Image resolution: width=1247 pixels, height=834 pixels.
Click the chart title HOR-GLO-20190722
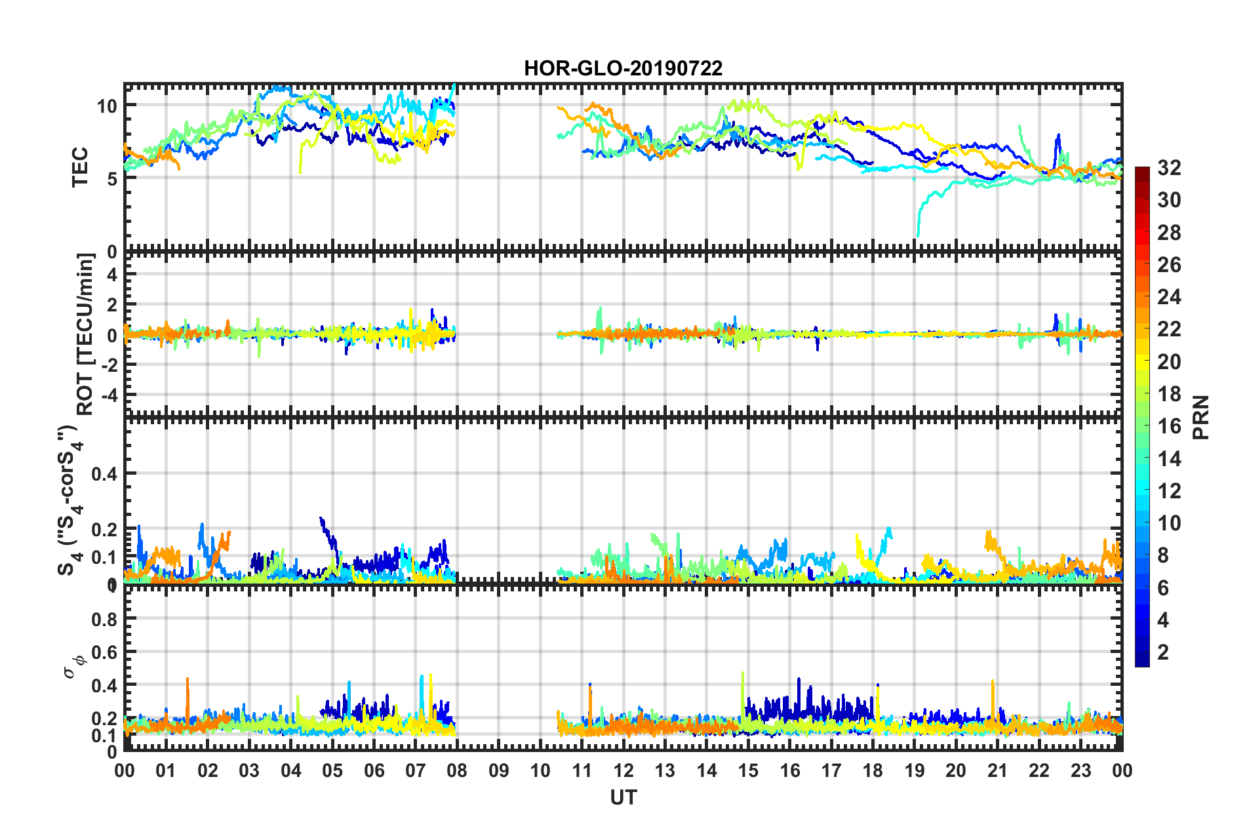(x=623, y=68)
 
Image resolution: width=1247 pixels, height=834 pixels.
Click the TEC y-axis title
(x=80, y=167)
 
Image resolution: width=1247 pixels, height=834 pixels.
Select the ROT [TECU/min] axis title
(x=85, y=334)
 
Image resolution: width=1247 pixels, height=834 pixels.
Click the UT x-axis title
(x=623, y=798)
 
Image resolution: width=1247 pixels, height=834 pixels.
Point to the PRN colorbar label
(x=1201, y=418)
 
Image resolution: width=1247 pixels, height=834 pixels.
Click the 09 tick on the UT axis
(x=498, y=770)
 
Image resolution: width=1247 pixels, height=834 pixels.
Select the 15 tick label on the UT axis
(x=748, y=770)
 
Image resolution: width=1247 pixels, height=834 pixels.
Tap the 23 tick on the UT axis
(x=1080, y=770)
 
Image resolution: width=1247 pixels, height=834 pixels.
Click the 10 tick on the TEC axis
(x=106, y=106)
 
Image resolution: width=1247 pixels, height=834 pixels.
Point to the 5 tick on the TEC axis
(x=111, y=179)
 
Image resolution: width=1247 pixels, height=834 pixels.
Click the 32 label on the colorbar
(x=1169, y=168)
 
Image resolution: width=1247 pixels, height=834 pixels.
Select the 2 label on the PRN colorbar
(x=1163, y=652)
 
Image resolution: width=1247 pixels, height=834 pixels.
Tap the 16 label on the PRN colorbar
(x=1169, y=426)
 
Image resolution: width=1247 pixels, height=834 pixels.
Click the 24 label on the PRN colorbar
(x=1169, y=297)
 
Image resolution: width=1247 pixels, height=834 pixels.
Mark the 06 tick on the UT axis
(x=374, y=770)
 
